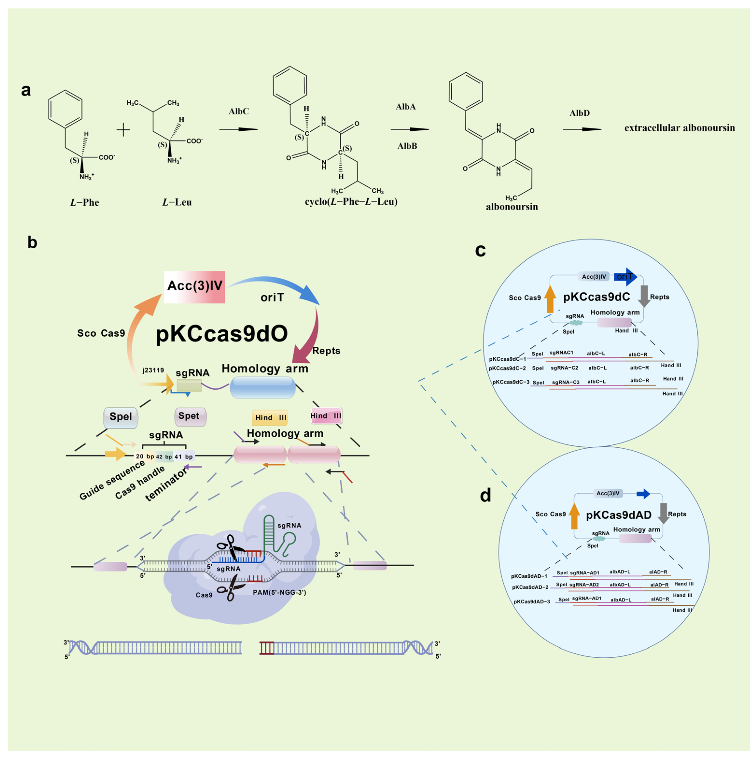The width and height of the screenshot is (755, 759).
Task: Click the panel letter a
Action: (26, 90)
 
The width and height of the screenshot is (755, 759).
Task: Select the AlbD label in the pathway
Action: (579, 113)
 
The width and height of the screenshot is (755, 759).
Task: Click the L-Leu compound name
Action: (177, 202)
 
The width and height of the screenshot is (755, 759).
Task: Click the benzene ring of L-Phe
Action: (65, 109)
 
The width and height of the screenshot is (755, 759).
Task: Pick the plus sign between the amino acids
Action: (123, 130)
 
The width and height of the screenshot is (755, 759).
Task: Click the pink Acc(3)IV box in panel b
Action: (194, 287)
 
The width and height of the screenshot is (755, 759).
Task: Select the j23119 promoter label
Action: (153, 370)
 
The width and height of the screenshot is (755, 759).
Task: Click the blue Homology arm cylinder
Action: (262, 387)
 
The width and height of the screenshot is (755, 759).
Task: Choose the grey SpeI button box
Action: (120, 417)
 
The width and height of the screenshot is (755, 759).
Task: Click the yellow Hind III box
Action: (270, 418)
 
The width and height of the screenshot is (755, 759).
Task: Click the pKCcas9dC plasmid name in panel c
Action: (596, 297)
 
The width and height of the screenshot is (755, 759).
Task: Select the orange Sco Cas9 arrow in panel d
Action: (574, 516)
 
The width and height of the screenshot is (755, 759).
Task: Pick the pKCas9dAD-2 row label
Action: (530, 587)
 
